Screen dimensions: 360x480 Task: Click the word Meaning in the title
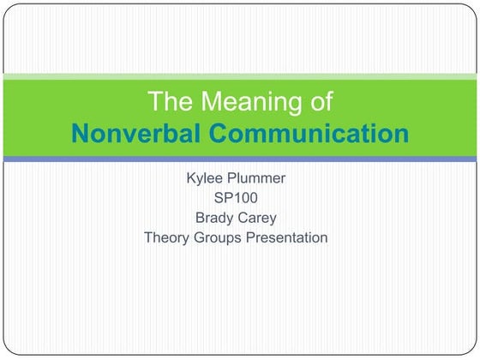click(x=248, y=102)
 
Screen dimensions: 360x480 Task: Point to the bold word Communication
click(x=308, y=134)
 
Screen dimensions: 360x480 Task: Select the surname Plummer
click(x=260, y=178)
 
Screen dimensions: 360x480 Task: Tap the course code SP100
click(x=236, y=198)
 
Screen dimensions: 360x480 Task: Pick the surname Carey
click(x=260, y=218)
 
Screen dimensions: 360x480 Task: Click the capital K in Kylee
click(x=190, y=178)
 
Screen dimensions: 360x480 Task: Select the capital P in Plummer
click(x=233, y=178)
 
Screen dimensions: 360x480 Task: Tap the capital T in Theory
click(x=147, y=237)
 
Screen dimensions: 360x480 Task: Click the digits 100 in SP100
click(x=244, y=198)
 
